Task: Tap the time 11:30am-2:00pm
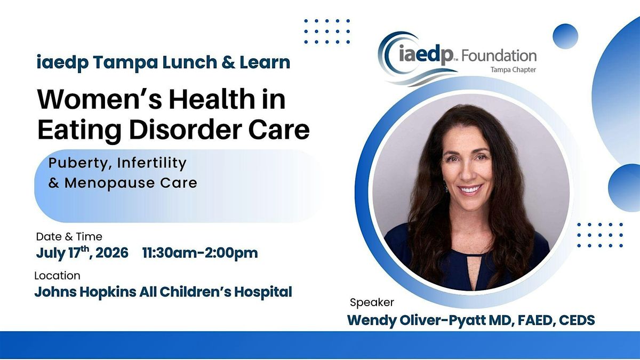point(200,253)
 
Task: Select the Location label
point(58,276)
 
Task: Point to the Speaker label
point(372,302)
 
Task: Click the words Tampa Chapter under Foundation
point(516,70)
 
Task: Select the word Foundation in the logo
point(499,55)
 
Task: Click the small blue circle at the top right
point(565,37)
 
